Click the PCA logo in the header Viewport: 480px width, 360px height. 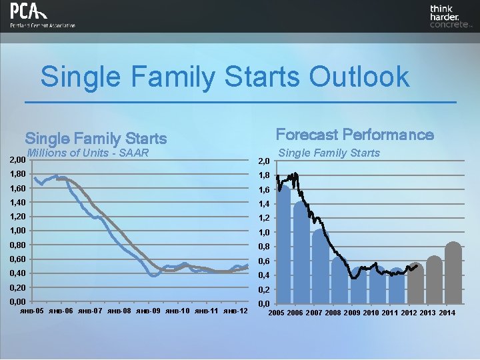coord(42,15)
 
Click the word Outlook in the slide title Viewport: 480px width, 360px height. coord(358,76)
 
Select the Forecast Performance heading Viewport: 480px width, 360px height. coord(355,135)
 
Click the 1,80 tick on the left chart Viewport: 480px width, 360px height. coord(13,174)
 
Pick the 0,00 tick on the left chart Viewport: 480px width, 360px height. coord(13,302)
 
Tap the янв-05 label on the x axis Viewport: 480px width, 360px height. coord(33,311)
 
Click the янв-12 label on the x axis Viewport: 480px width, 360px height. coord(237,311)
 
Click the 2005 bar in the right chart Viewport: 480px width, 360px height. coord(283,247)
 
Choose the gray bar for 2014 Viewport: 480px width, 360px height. coord(453,273)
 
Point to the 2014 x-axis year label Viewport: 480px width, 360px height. coord(447,313)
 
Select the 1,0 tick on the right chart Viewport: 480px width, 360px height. coord(264,233)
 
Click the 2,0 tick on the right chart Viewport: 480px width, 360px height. coord(264,161)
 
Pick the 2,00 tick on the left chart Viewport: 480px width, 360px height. coord(13,160)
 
